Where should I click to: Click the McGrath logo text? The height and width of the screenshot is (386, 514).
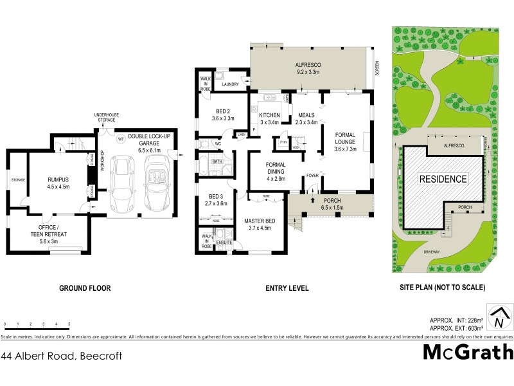[x=468, y=353]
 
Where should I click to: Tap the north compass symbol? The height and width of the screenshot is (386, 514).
[x=499, y=316]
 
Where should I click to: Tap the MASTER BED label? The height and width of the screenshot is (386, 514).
[x=260, y=224]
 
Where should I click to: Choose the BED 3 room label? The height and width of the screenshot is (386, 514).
[x=215, y=199]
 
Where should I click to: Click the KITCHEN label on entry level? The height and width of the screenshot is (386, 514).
[x=269, y=118]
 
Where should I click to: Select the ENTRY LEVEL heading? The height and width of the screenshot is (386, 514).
[x=287, y=288]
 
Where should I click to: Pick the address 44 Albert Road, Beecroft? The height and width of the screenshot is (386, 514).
[x=62, y=355]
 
